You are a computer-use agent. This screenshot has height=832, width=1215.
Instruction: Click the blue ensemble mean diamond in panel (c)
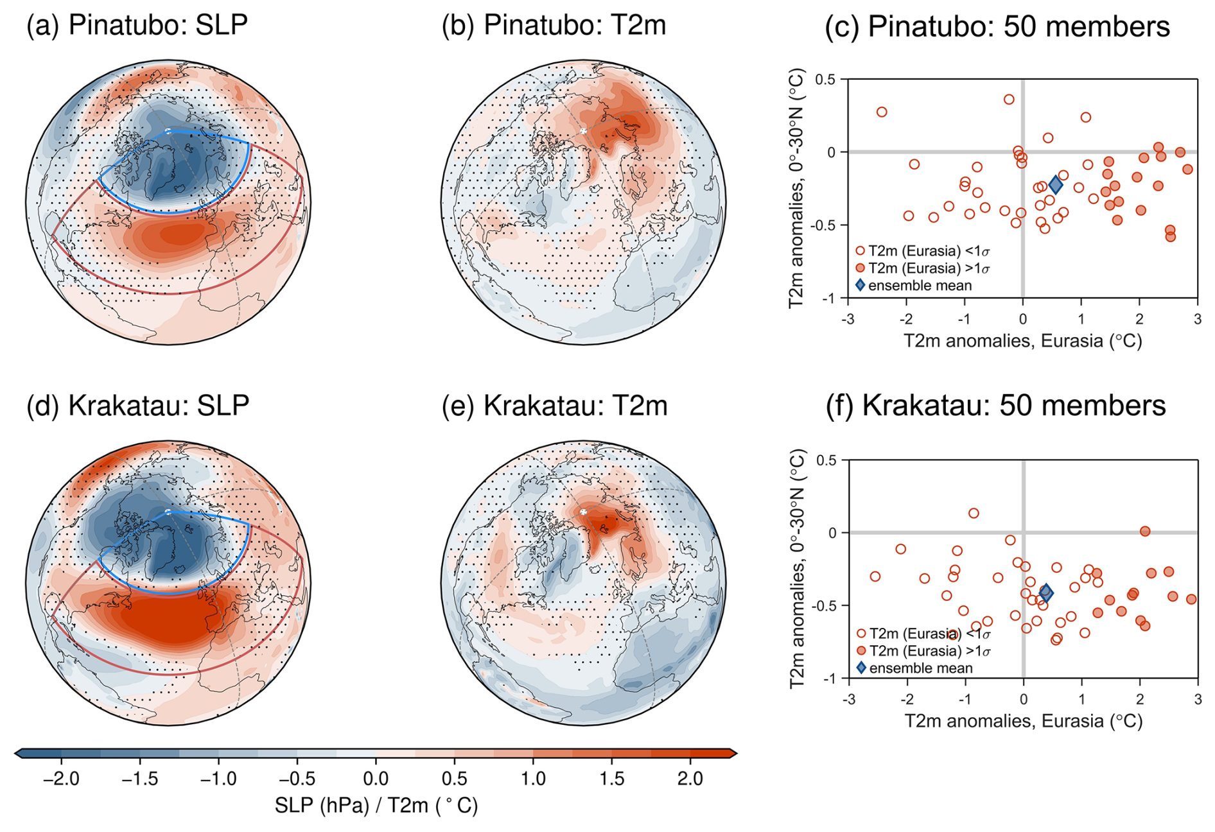tap(1055, 185)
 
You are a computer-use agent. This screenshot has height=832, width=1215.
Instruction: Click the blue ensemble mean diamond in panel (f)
tap(1045, 593)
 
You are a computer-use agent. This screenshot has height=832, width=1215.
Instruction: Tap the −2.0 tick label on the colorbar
tap(60, 779)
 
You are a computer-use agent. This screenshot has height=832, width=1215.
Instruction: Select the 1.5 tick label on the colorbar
tap(611, 779)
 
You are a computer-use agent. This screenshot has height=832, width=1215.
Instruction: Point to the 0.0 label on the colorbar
tap(376, 779)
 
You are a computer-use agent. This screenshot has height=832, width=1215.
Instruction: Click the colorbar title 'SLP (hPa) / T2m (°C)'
tap(376, 806)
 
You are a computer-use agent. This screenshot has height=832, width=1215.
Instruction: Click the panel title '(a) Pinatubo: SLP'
tap(137, 26)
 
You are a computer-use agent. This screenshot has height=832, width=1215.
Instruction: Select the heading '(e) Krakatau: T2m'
tap(554, 406)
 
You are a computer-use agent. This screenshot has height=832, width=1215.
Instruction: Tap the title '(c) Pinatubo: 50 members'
tap(997, 27)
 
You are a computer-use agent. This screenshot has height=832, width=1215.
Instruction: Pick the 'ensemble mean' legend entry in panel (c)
tap(919, 286)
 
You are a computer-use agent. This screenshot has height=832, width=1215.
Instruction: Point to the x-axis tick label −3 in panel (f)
tap(848, 700)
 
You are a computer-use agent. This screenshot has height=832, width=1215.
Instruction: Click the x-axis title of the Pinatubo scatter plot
tap(1022, 340)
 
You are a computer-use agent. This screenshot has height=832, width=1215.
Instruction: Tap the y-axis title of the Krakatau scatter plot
tap(797, 569)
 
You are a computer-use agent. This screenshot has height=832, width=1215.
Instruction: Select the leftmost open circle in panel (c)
tap(882, 112)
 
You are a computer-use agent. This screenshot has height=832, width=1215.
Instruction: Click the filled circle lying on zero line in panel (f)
tap(1144, 532)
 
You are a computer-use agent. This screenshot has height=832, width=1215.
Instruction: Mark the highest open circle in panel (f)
tap(974, 514)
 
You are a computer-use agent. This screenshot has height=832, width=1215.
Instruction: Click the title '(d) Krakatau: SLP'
tap(137, 406)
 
